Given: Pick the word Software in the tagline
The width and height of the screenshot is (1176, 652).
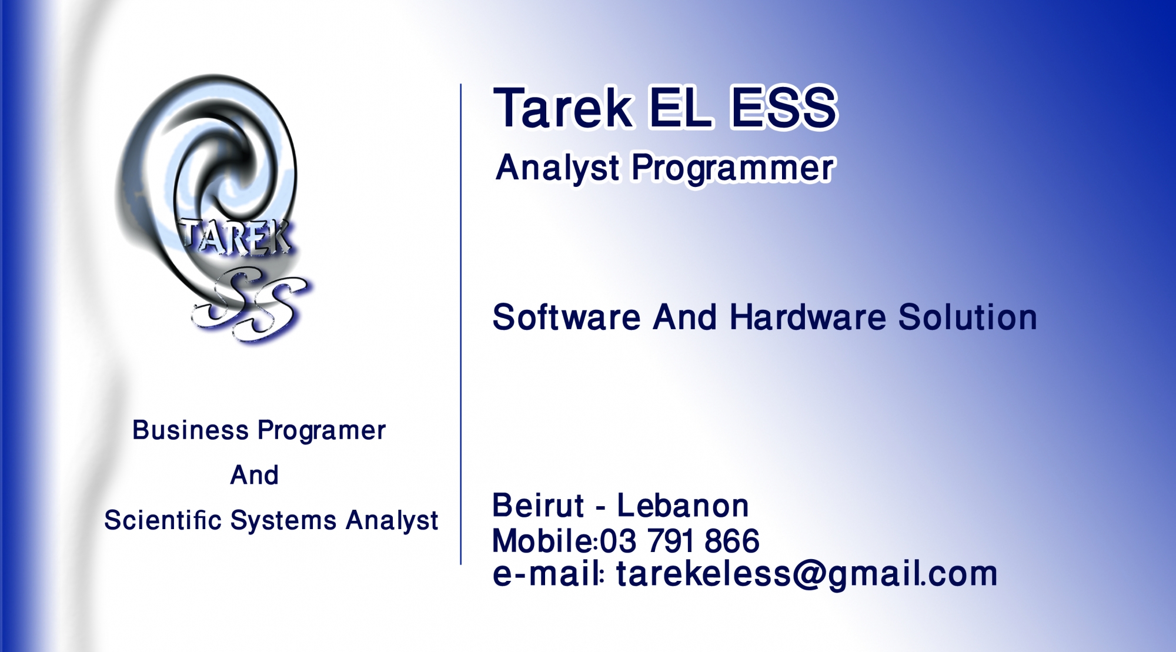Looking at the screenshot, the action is click(x=566, y=317).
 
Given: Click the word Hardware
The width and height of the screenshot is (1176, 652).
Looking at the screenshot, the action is click(x=807, y=317).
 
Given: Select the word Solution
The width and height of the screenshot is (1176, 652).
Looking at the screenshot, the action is click(x=967, y=317).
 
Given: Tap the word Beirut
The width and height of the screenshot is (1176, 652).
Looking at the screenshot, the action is click(x=538, y=506).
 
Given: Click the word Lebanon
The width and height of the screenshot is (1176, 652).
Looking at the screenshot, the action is click(x=683, y=506).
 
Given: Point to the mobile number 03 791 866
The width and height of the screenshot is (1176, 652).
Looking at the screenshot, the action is click(x=679, y=541).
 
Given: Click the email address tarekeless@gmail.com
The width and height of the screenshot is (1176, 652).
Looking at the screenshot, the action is click(x=806, y=574).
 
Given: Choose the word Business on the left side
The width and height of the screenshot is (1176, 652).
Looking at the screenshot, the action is click(x=191, y=430).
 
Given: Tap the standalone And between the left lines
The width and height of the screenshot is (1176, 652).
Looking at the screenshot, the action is click(x=254, y=475).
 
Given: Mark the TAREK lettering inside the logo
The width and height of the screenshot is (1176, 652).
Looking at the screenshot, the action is click(x=235, y=238).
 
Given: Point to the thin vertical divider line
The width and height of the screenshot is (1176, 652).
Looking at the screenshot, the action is click(x=461, y=325).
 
